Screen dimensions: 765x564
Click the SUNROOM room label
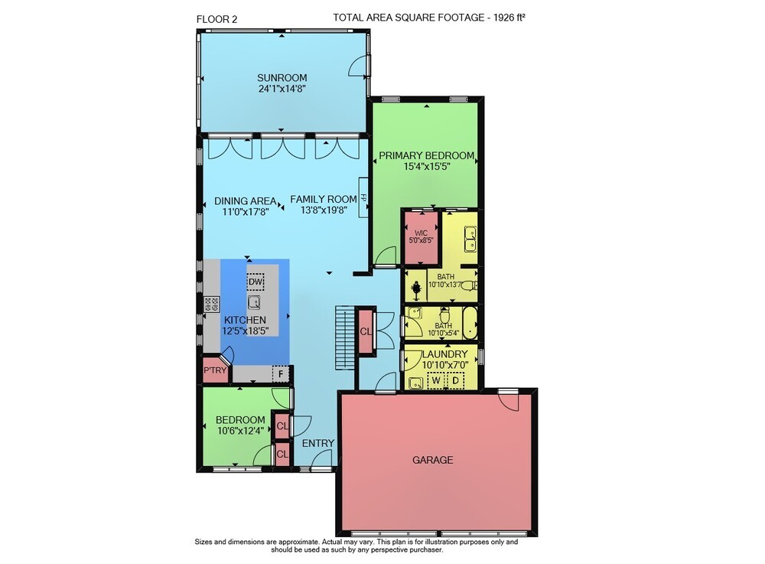pos(282,77)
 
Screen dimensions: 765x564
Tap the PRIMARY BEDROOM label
pos(426,155)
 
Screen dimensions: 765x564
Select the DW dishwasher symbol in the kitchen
pos(256,282)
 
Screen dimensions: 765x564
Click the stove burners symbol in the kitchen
pos(212,304)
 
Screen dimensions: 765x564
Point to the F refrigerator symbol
pos(281,374)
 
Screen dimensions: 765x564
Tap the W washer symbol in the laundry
pos(436,380)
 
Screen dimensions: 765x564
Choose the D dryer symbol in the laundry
pos(455,380)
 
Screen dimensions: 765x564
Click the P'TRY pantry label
pos(215,370)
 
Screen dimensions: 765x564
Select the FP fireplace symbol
pos(363,197)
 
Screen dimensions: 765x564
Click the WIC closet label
pos(421,233)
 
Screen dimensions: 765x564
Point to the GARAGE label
pos(433,460)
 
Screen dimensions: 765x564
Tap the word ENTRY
pos(318,443)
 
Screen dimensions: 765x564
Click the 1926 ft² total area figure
pos(509,18)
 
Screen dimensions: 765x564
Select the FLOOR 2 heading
pos(216,20)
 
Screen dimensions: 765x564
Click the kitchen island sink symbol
pos(254,302)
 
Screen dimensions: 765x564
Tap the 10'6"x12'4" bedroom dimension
pos(240,430)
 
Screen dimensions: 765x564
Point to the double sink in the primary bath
pos(470,239)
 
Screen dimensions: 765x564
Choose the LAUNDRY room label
pos(445,354)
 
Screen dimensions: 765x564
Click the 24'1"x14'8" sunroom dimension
pos(282,89)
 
